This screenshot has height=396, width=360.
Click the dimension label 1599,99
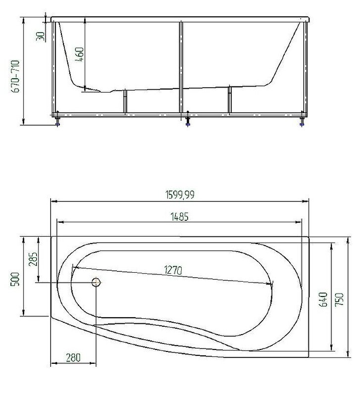coord(180,195)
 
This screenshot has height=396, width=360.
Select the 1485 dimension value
coord(180,217)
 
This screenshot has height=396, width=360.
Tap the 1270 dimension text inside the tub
coord(173,270)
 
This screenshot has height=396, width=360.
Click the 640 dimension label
coord(324,299)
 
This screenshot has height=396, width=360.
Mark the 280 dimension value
coord(72,357)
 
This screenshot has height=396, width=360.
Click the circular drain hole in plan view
coord(96,283)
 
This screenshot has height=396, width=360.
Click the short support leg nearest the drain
coord(126,102)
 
